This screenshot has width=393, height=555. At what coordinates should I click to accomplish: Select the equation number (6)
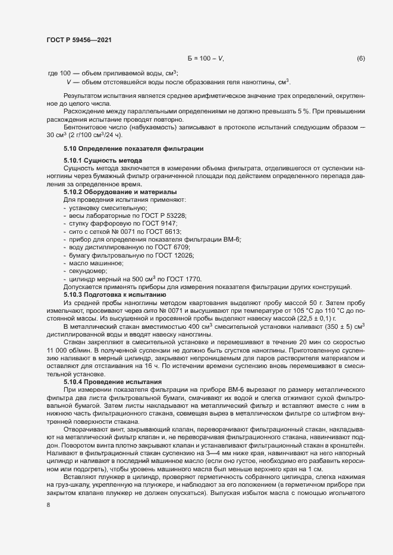(x=360, y=58)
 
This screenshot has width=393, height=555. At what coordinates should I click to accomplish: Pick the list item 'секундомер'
(x=89, y=270)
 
